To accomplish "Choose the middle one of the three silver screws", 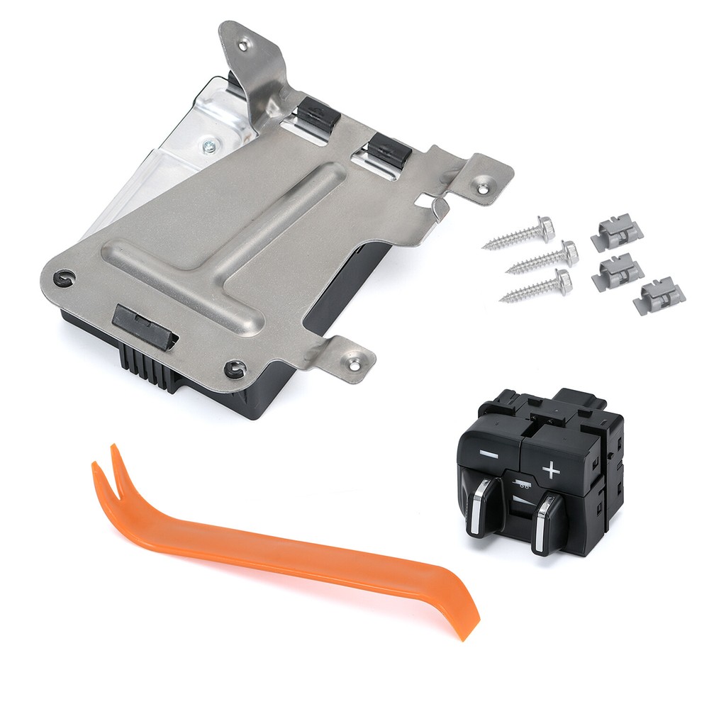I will coord(543,257).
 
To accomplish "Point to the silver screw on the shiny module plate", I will coord(210,147).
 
